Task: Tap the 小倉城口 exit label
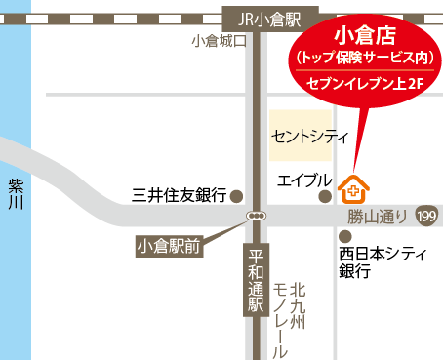[x=221, y=41]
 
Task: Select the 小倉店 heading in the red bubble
[x=363, y=37]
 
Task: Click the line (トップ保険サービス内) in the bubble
[x=363, y=60]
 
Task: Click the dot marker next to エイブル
[x=324, y=196]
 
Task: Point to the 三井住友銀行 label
[x=180, y=195]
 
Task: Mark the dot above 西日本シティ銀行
[x=343, y=236]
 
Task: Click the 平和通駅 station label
[x=257, y=282]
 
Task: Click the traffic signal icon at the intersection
[x=257, y=215]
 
